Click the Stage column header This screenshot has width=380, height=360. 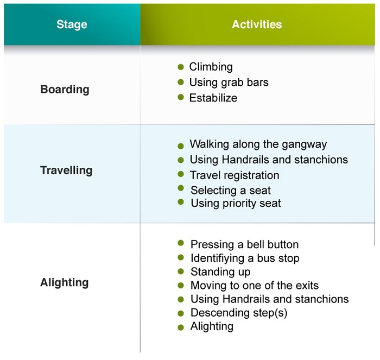pos(72,24)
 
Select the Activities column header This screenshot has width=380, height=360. pos(257,24)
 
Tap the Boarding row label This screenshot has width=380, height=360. pos(65,89)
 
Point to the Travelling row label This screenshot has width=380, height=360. pos(66,170)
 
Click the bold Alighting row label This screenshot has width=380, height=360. pos(64,282)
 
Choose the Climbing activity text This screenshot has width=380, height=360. pos(211,67)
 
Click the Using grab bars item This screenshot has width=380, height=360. pos(229,83)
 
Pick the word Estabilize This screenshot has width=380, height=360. pos(213,98)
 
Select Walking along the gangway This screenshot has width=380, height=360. pos(258,144)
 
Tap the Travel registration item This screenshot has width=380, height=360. pos(235,175)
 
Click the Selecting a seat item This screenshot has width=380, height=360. pos(230,190)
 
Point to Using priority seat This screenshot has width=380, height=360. pos(236,204)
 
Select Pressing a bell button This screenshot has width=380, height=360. pos(244,244)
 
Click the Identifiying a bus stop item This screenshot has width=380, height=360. pos(245,258)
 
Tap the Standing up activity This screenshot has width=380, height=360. pos(220,271)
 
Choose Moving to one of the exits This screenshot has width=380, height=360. pos(254,285)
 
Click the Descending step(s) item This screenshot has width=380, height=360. pos(239,313)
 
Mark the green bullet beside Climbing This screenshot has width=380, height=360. pos(181,67)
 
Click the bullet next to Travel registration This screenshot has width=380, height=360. pos(181,175)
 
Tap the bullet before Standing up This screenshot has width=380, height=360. pos(181,271)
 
